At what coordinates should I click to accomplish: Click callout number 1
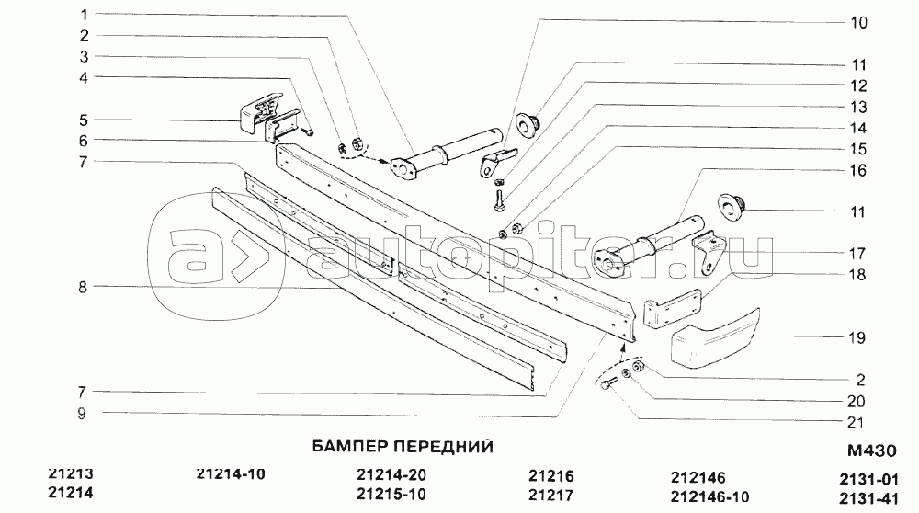(83, 15)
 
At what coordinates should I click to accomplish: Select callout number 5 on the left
(83, 120)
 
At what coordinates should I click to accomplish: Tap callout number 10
(857, 24)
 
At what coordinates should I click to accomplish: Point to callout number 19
(857, 338)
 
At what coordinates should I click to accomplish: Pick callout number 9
(83, 414)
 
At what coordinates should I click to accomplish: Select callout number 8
(83, 287)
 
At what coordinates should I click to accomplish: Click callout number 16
(857, 170)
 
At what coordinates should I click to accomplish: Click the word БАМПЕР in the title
(341, 446)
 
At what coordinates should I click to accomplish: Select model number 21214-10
(231, 474)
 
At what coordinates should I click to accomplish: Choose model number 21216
(551, 476)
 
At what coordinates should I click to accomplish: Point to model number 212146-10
(711, 496)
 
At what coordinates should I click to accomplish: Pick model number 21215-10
(391, 496)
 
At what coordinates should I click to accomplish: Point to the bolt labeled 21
(606, 386)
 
